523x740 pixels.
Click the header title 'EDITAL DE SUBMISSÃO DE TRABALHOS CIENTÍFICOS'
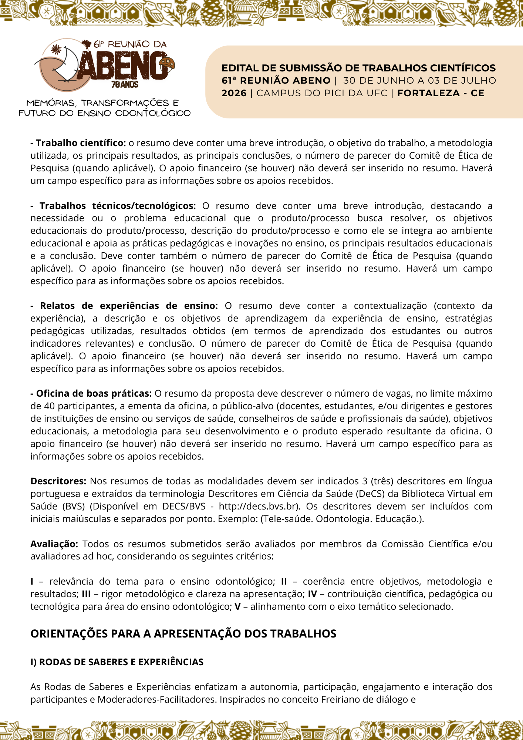pos(358,68)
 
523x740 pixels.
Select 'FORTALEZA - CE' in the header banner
pos(441,93)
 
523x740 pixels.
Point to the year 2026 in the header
pos(234,93)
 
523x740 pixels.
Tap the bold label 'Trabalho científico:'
pos(81,143)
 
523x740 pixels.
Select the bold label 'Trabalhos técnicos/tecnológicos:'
pos(118,206)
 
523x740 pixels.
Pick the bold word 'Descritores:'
pos(58,481)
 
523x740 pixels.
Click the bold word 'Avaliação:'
pos(54,544)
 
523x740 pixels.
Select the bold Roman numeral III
pos(86,594)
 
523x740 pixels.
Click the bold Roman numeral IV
pos(312,594)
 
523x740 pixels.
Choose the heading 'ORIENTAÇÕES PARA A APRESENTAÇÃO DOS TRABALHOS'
pos(183,634)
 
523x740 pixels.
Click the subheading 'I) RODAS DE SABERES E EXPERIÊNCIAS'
pos(117,662)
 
